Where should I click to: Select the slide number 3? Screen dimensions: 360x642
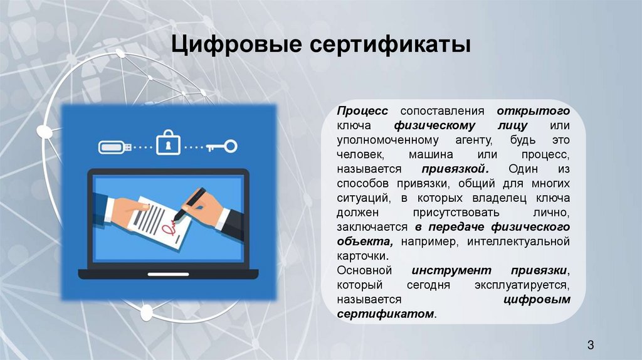pos(591,344)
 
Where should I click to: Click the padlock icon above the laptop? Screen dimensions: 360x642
pos(167,142)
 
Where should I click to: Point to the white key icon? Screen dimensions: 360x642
pos(221,146)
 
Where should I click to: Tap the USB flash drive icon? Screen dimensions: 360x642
pos(113,147)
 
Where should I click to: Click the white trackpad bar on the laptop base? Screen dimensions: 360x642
pos(167,274)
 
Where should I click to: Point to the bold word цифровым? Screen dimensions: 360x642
pos(537,300)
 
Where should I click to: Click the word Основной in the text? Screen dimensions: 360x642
pos(364,270)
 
